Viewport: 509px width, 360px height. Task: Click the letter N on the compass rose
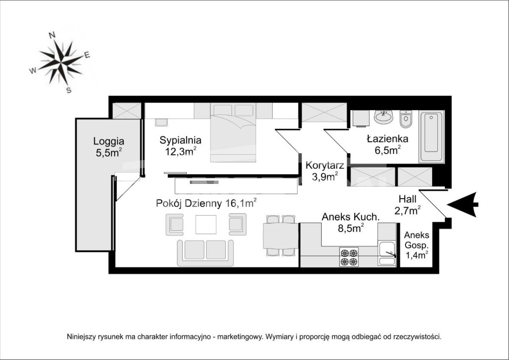(52, 35)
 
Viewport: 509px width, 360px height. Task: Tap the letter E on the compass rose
(87, 55)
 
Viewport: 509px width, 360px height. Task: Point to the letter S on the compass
(69, 90)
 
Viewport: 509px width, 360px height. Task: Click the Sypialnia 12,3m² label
(180, 145)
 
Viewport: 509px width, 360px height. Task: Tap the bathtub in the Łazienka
(431, 137)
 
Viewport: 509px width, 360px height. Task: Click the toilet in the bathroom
(406, 119)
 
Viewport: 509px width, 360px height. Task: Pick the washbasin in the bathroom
(383, 117)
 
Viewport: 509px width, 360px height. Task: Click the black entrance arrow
(463, 205)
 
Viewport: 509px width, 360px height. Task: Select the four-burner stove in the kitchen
(349, 257)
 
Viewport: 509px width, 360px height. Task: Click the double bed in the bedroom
(233, 133)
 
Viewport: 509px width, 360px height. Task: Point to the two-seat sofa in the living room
(205, 253)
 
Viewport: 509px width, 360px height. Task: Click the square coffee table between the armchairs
(206, 224)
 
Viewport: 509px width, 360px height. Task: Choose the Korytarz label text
(325, 165)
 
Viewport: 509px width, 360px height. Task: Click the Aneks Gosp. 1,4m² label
(417, 245)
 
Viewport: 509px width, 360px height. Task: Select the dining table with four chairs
(281, 235)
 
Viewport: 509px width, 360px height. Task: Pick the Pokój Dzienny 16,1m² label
(207, 203)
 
